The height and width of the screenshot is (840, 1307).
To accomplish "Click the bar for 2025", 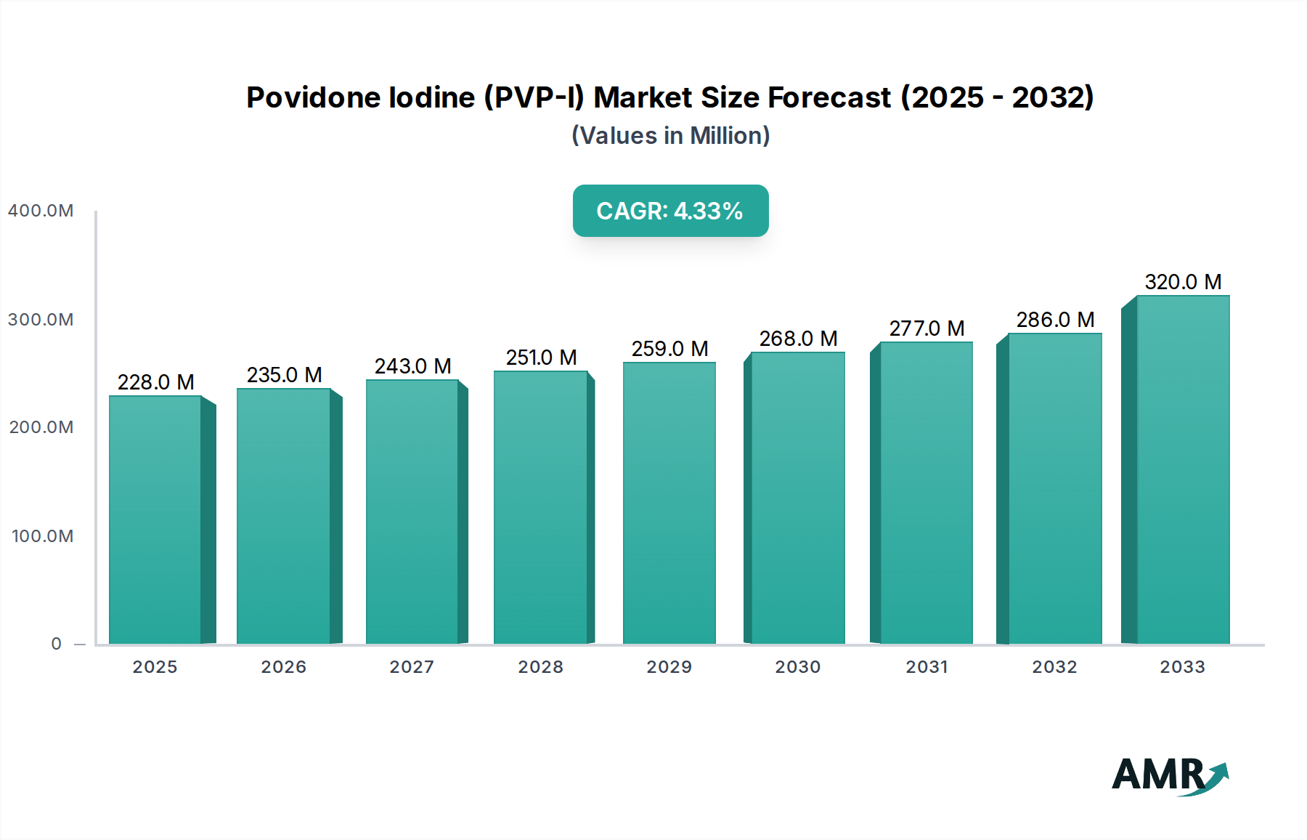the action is [155, 520].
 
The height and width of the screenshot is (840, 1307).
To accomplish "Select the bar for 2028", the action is [540, 507].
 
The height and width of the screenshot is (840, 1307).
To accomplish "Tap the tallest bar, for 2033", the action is [1183, 469].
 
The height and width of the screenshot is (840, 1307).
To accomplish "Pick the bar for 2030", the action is [798, 498].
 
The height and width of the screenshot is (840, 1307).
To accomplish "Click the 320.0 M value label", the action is [1183, 282].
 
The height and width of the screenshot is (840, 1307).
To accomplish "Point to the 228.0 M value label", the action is [155, 382].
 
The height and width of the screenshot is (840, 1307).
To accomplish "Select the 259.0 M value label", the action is [669, 349].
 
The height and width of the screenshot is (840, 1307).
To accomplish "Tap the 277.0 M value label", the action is [927, 328].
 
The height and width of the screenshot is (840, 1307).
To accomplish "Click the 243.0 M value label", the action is [412, 366].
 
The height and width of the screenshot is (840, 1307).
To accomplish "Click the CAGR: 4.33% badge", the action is [670, 211].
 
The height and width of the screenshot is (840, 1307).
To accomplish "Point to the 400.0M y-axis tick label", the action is [41, 211].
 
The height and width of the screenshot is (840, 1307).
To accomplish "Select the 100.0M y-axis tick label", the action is [42, 536].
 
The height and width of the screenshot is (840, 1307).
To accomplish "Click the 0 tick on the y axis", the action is [56, 644].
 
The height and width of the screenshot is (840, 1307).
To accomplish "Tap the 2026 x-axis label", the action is [283, 667].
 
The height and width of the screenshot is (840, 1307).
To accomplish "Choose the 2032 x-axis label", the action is [1054, 667].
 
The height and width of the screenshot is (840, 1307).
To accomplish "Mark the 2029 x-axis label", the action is [669, 667].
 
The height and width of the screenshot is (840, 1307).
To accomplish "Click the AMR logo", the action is [1169, 775].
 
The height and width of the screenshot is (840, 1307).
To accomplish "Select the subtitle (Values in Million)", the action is [670, 136].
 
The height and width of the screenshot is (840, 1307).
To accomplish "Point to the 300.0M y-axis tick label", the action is [41, 320].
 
